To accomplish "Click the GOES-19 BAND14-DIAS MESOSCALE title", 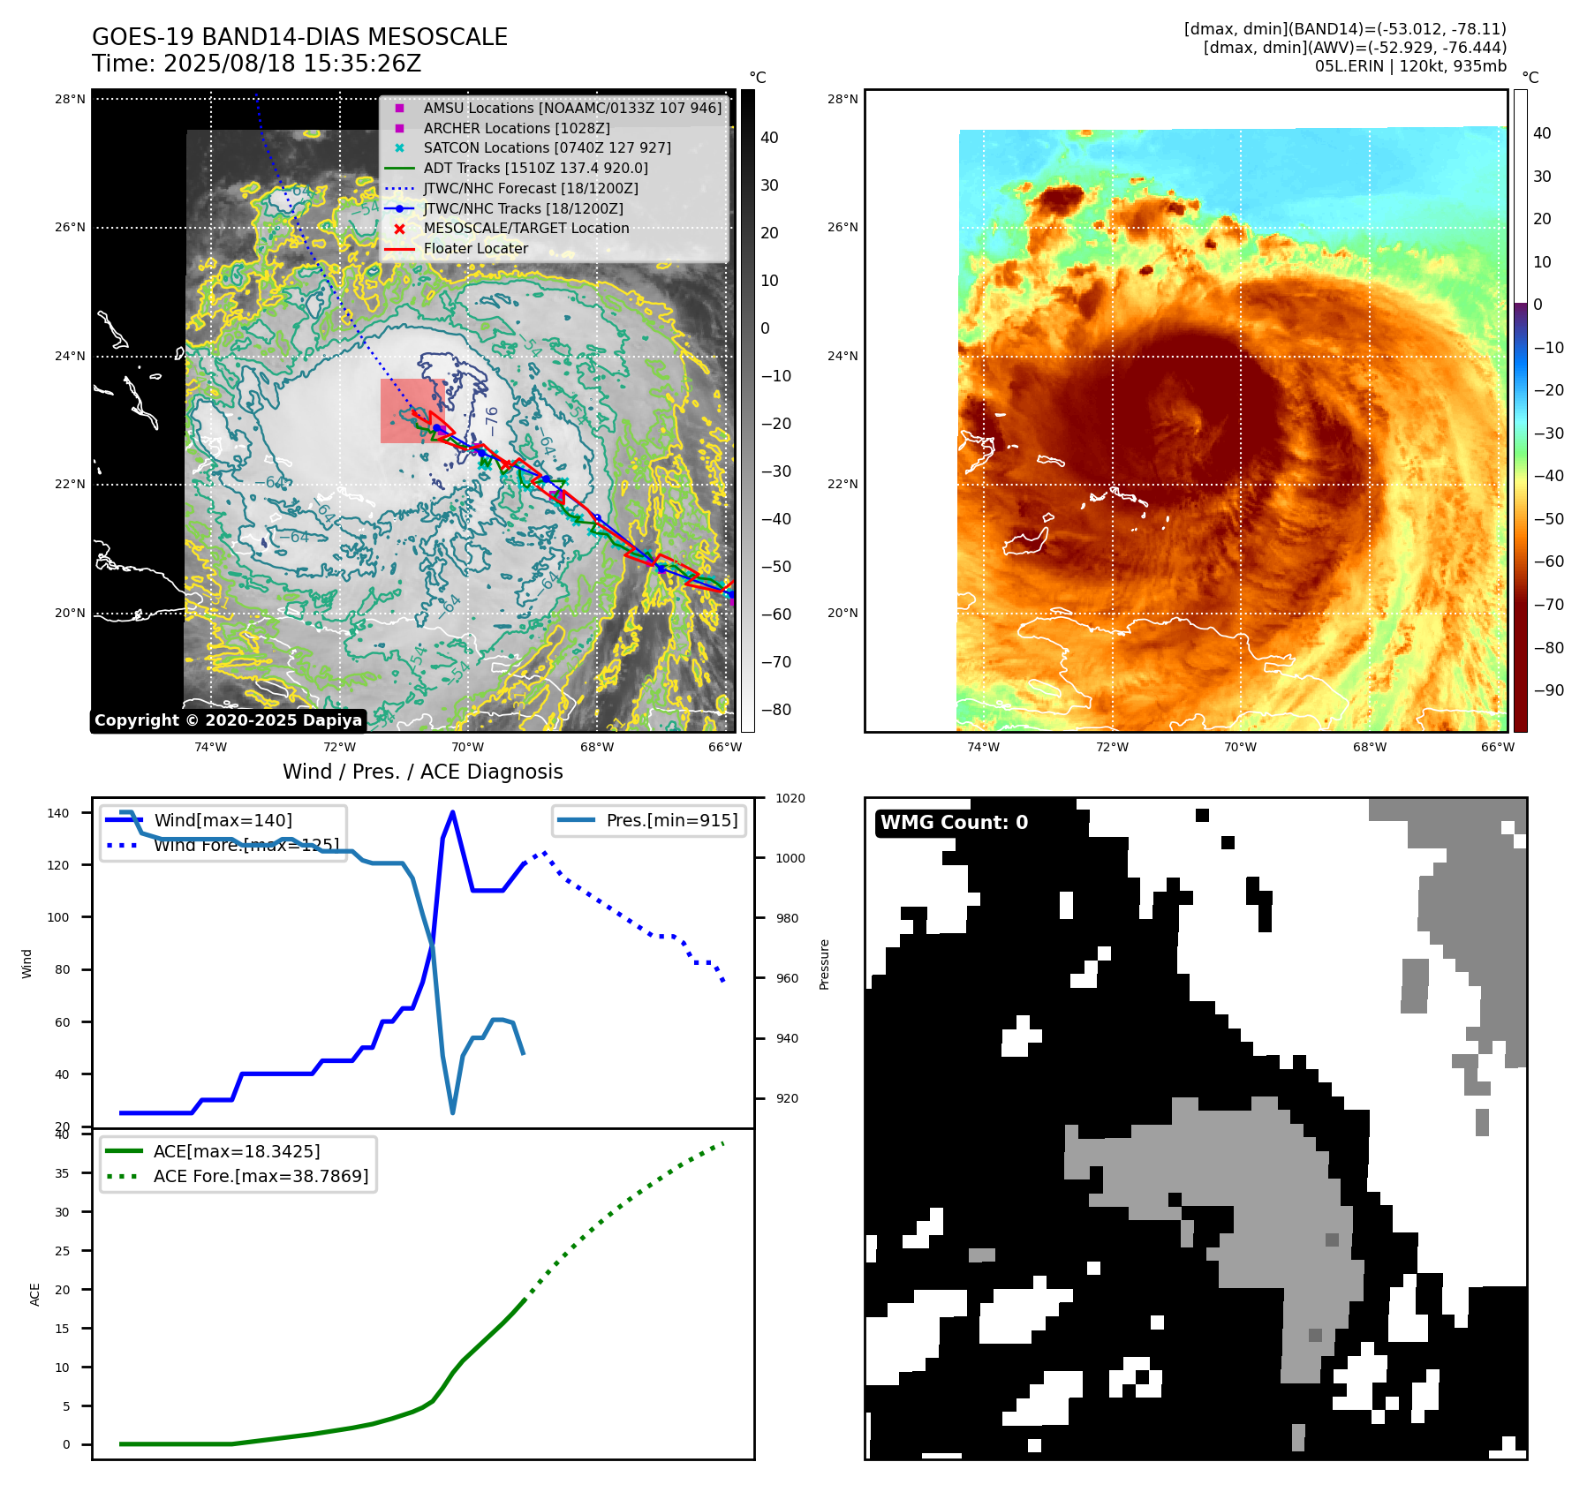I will [x=299, y=37].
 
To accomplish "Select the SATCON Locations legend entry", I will [x=547, y=147].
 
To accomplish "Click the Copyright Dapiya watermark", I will [x=228, y=720].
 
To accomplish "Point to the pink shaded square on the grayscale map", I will [x=412, y=411].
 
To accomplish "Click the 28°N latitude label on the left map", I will [x=70, y=99].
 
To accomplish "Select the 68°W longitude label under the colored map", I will [x=1369, y=747].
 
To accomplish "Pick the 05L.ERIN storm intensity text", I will [x=1410, y=66].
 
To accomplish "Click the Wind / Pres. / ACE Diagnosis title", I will [x=422, y=772].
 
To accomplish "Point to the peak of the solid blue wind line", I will [x=453, y=812].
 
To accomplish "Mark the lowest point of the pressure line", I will [x=453, y=1112].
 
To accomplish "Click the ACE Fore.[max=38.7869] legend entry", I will [x=261, y=1176].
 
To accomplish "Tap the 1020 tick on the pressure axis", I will [x=790, y=798].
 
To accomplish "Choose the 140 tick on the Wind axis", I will [x=57, y=813].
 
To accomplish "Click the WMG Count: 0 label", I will [x=954, y=823].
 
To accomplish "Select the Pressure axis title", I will [x=824, y=964].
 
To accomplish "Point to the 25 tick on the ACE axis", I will [x=62, y=1251].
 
